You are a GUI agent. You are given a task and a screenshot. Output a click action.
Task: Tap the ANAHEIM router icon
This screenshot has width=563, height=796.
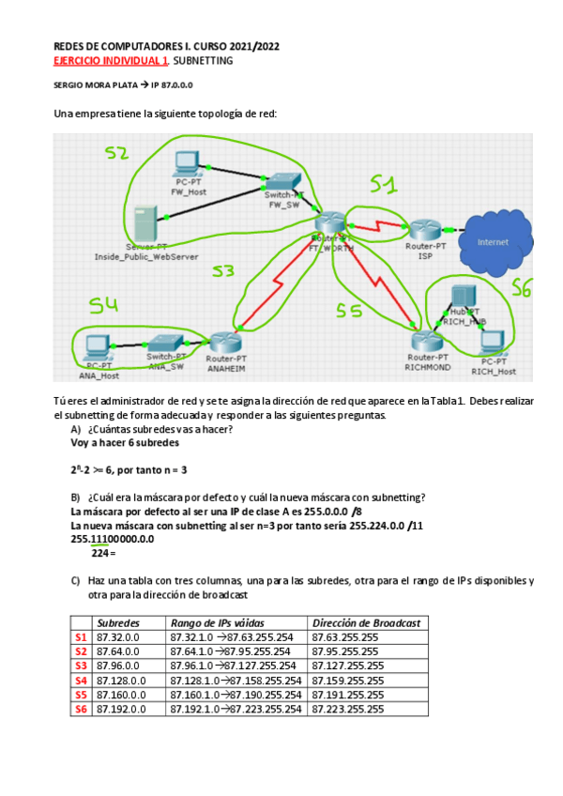[x=226, y=344]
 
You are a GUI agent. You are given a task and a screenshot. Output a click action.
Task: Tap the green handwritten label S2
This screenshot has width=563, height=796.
[x=116, y=153]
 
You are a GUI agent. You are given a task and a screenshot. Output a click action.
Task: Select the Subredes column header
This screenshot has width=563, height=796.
[x=118, y=622]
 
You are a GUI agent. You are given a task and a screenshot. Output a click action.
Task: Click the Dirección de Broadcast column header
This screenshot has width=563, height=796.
[x=367, y=622]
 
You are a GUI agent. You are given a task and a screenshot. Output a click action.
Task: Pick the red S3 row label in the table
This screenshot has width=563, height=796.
[x=81, y=666]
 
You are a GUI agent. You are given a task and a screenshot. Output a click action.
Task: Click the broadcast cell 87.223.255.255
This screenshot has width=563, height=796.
[x=347, y=709]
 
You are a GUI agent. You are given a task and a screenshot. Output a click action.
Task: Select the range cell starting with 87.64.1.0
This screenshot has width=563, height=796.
[x=236, y=651]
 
